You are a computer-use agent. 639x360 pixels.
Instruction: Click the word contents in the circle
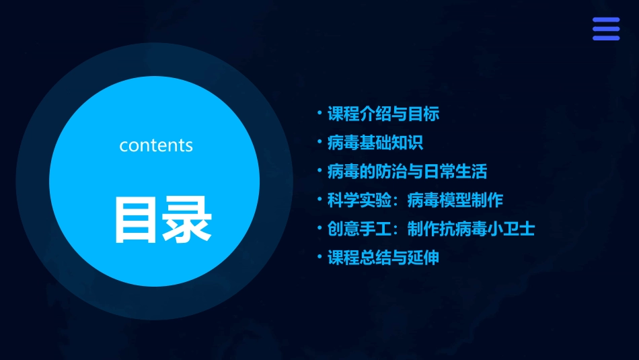tap(156, 145)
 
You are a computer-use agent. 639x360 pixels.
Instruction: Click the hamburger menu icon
tap(605, 29)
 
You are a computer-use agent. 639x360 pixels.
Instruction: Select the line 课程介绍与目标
tap(383, 114)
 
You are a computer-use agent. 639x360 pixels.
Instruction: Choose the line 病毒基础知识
tap(375, 143)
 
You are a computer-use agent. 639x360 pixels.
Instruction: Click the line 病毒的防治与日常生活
tap(406, 172)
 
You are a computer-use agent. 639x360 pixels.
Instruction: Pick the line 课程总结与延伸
tap(383, 257)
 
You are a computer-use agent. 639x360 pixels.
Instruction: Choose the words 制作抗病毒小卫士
tap(471, 229)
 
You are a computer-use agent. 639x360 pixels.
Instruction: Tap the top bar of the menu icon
tap(605, 20)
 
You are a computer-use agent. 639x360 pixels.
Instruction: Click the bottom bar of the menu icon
tap(605, 38)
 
